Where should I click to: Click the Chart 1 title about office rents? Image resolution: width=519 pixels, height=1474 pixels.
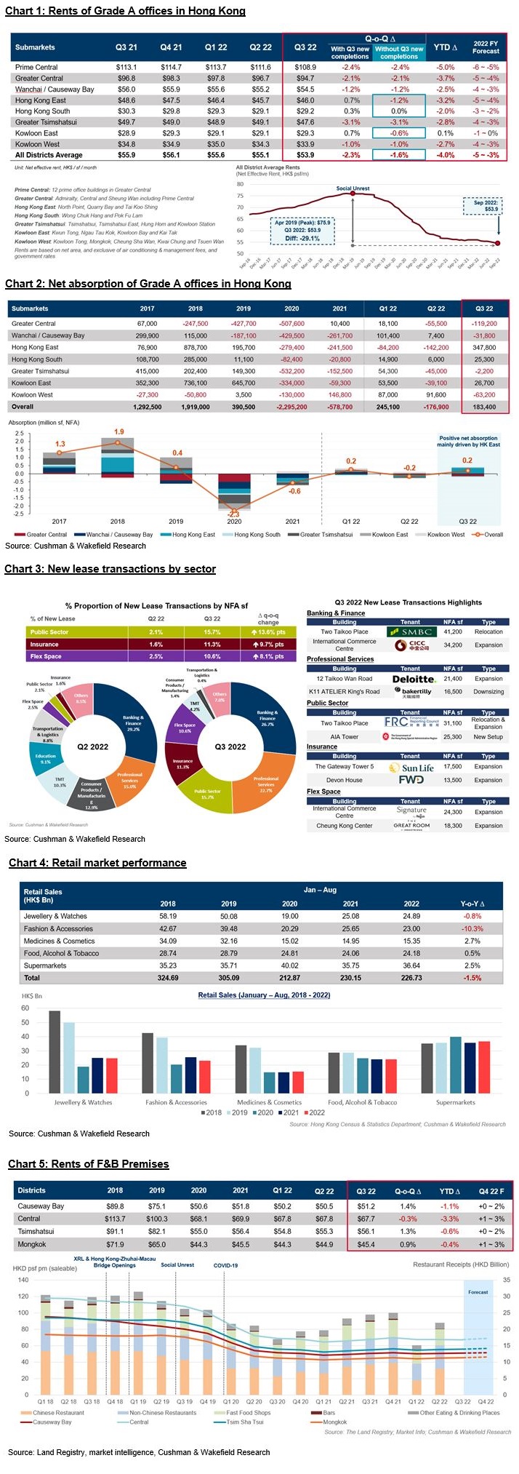(125, 11)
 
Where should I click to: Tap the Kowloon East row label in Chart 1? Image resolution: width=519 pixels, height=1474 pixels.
(36, 133)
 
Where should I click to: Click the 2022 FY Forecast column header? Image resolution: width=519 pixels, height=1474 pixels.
(486, 47)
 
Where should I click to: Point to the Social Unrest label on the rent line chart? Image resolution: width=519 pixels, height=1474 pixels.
(353, 188)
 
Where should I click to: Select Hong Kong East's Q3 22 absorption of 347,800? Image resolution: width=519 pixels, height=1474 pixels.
(484, 348)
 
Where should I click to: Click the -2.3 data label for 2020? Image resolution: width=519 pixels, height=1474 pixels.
(234, 514)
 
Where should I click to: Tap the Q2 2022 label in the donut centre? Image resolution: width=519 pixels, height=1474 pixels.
(93, 746)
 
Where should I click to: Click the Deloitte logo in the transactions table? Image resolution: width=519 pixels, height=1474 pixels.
(412, 679)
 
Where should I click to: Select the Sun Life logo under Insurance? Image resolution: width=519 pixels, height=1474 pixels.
(417, 768)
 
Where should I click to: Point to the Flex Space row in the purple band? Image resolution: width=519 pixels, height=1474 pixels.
(46, 656)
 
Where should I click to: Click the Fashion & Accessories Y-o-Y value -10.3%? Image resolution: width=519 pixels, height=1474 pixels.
(472, 928)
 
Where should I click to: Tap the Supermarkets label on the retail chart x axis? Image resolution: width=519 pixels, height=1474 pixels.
(455, 1102)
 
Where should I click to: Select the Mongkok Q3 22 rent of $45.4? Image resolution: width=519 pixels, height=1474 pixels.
(366, 1244)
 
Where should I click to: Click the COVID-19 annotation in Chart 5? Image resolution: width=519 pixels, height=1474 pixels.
(225, 1265)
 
